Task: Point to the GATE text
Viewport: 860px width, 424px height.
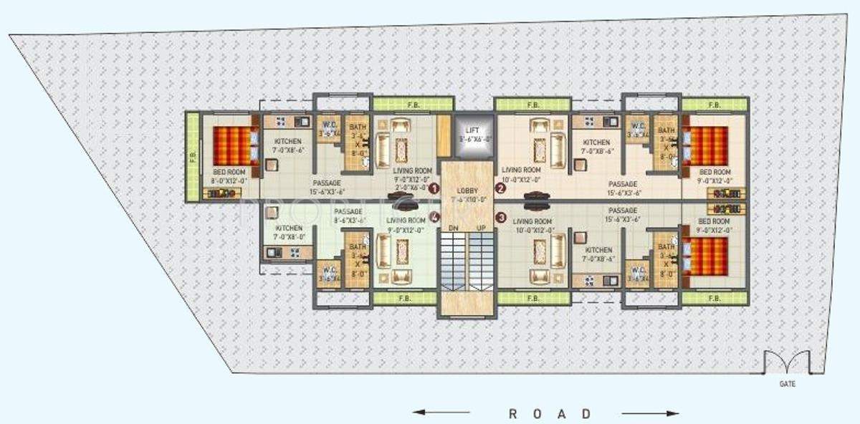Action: point(787,384)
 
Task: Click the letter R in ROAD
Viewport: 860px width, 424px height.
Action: point(513,413)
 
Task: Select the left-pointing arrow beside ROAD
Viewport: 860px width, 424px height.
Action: point(441,413)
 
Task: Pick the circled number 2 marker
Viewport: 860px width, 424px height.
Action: point(501,188)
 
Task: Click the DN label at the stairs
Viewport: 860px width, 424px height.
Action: point(453,227)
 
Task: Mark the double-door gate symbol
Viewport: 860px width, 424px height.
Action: point(787,362)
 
